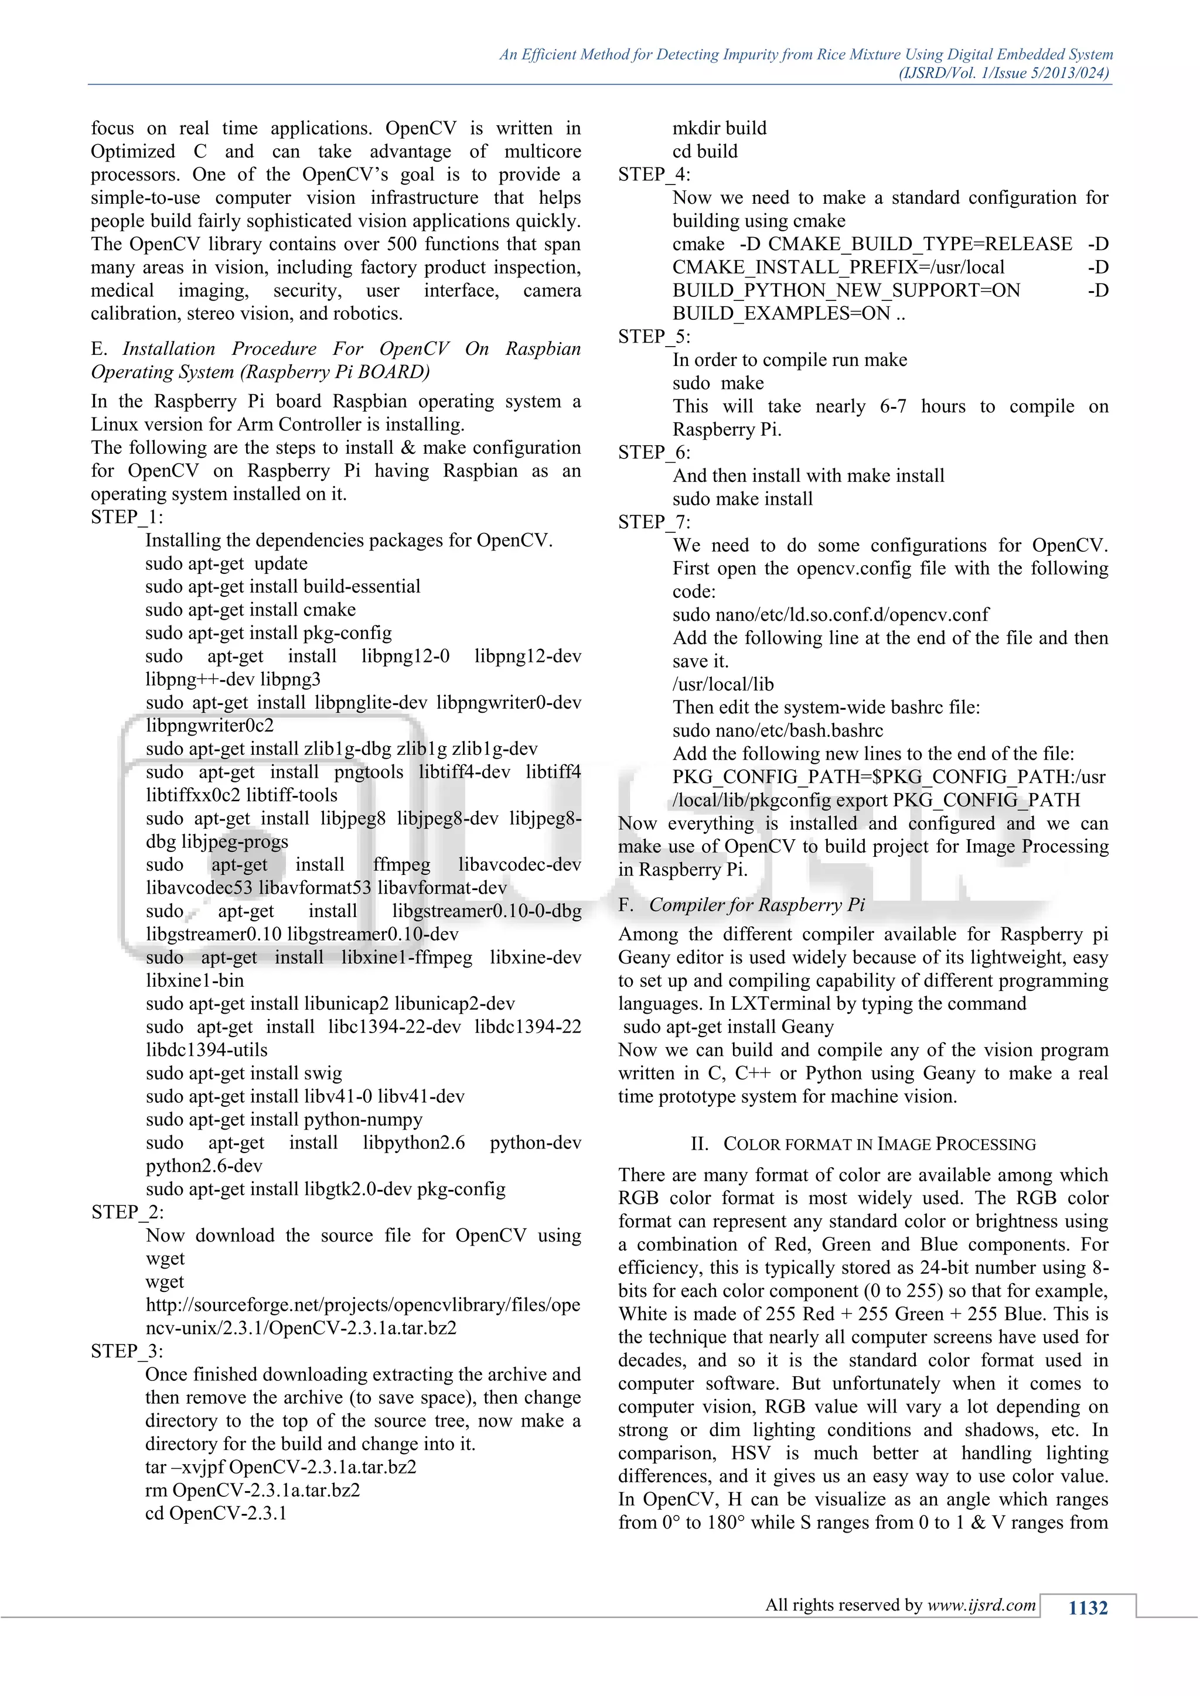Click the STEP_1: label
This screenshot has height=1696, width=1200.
(127, 517)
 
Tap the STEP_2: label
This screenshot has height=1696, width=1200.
(127, 1212)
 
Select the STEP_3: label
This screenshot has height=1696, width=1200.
(127, 1351)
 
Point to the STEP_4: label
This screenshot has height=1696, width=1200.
(654, 175)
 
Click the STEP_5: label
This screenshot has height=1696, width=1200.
(654, 337)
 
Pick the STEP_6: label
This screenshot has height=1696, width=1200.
(654, 453)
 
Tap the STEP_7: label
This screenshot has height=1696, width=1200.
(654, 522)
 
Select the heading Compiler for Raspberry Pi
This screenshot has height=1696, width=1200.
(756, 905)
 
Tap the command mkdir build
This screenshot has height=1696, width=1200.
(719, 128)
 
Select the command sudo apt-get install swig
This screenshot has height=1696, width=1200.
(243, 1073)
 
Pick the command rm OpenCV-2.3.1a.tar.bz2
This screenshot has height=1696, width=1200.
(252, 1490)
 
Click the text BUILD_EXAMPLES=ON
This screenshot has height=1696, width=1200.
(781, 314)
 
